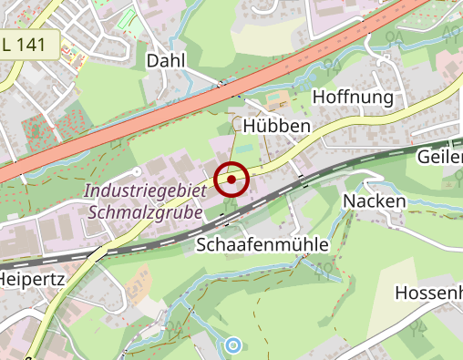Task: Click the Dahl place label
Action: (166, 60)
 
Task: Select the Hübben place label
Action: (277, 125)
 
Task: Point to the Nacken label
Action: (373, 201)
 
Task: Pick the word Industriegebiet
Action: (145, 191)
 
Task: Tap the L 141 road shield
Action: (29, 43)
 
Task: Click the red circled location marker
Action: (232, 180)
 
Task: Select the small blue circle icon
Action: (233, 345)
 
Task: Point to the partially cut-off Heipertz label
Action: (32, 278)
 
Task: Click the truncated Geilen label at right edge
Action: (438, 157)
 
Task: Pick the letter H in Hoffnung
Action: (319, 97)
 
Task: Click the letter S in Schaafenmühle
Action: (202, 244)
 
